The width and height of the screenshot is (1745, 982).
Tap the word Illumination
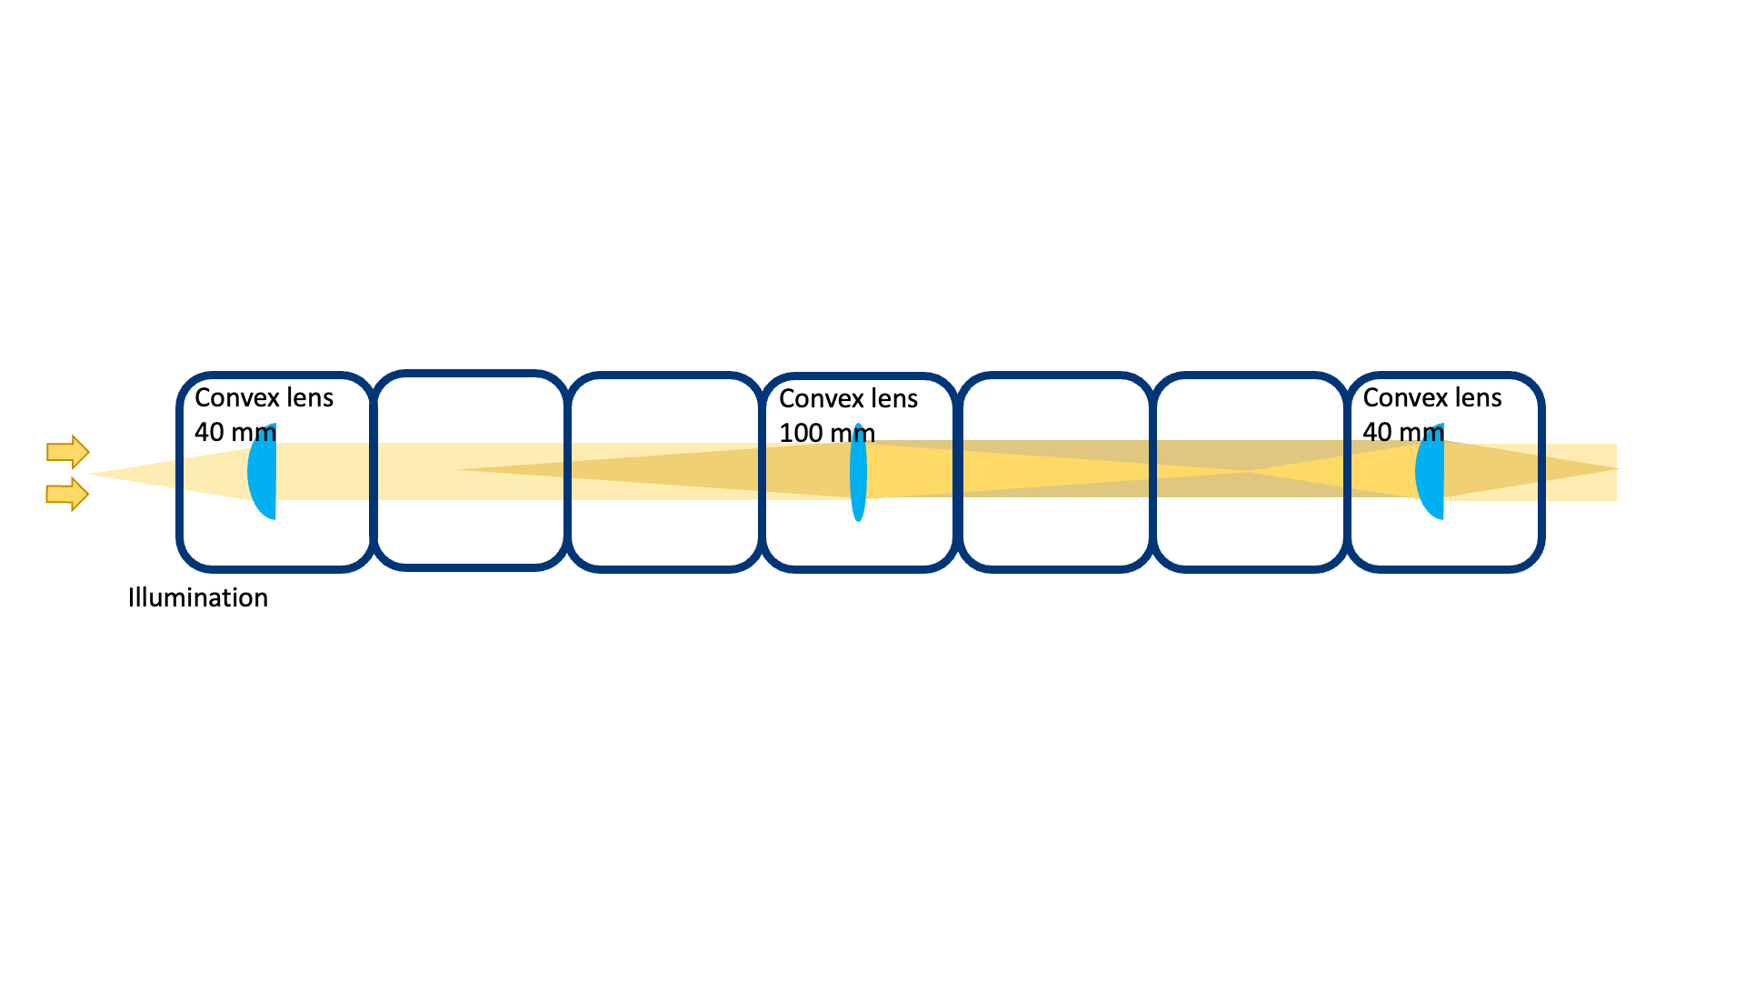coord(197,597)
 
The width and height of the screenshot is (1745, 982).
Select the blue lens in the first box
coord(264,473)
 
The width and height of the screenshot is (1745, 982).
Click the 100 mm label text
coord(826,433)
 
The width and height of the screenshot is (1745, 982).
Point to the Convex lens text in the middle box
coord(848,398)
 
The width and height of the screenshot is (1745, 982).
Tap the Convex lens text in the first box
coord(264,397)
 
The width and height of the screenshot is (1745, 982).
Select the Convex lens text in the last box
coord(1431,397)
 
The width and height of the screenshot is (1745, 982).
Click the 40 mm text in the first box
coord(234,432)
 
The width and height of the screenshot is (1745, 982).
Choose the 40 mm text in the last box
coord(1402,432)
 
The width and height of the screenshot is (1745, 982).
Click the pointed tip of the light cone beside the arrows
coord(94,473)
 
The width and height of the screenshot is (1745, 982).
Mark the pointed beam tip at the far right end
coord(1616,469)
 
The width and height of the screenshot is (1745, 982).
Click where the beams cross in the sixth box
coord(1248,471)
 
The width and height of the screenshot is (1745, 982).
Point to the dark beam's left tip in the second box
coord(460,469)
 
